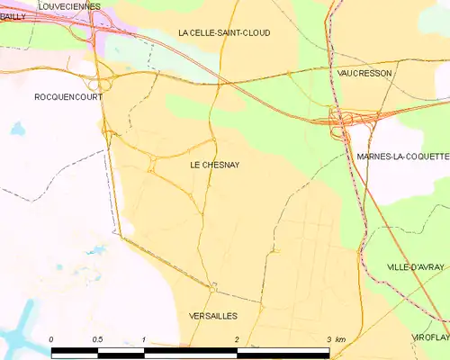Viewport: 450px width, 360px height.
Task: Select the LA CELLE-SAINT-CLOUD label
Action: (x=224, y=32)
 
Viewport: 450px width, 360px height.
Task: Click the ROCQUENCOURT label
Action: (x=67, y=96)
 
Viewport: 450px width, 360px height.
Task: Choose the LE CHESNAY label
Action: (x=215, y=166)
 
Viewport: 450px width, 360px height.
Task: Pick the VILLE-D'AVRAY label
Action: (x=416, y=267)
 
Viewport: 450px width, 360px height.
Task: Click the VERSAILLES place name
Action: (x=214, y=316)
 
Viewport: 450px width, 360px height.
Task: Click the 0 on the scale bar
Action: (x=51, y=339)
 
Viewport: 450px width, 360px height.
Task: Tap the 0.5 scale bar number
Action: (x=97, y=339)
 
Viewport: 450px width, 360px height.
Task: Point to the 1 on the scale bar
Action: (x=144, y=339)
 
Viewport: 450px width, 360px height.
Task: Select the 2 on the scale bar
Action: (x=236, y=339)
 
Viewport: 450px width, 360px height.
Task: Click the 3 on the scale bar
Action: (x=328, y=339)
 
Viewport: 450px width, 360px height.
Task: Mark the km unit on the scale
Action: (x=340, y=339)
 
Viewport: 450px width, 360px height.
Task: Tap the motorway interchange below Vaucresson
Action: (x=342, y=121)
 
